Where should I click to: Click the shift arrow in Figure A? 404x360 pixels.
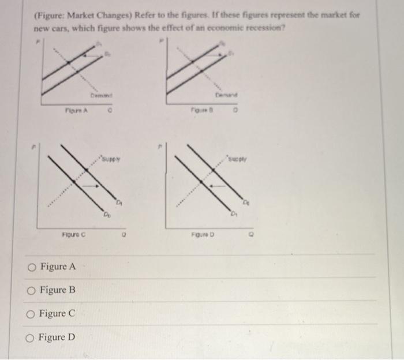click(x=88, y=55)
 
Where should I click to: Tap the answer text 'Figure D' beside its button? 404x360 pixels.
click(x=57, y=337)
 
